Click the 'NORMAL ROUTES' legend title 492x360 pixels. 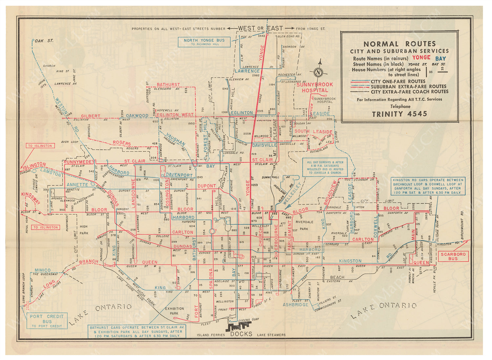click(400, 44)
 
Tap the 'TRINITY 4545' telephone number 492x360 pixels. click(400, 114)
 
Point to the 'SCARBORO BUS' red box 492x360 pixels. click(453, 256)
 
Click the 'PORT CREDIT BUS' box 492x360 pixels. click(47, 321)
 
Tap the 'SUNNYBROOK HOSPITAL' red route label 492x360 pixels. click(315, 87)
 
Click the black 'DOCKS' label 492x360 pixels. click(241, 334)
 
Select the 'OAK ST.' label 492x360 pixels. click(44, 41)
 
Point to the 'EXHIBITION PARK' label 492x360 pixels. click(174, 311)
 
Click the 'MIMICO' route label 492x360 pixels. click(43, 270)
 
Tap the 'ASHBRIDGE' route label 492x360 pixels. click(296, 305)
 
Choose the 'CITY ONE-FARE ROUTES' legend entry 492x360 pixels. click(398, 81)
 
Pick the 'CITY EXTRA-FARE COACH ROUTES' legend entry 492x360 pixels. click(409, 92)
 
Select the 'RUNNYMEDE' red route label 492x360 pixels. click(78, 162)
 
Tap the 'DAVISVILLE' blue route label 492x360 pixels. click(264, 145)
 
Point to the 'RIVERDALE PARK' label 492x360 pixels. click(304, 226)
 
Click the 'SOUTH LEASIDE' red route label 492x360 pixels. click(313, 131)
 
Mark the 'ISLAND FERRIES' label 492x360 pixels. click(211, 335)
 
